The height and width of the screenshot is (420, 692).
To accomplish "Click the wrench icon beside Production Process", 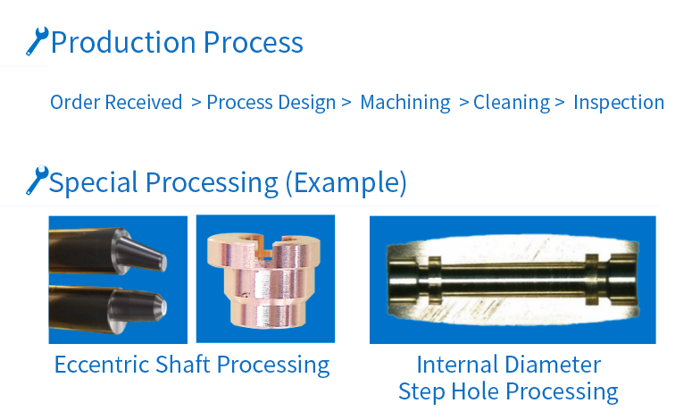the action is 38,41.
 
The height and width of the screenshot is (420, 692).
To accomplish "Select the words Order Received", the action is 116,103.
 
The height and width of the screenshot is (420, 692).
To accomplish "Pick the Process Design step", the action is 271,103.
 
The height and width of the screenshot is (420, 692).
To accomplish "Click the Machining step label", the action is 405,103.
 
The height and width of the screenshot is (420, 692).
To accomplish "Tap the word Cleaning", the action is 512,103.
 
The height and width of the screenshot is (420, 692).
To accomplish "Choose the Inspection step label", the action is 619,103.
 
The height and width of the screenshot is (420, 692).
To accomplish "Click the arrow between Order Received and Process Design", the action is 196,103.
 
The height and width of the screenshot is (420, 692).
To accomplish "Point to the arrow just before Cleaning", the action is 463,103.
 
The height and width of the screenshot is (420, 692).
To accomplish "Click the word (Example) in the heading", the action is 346,182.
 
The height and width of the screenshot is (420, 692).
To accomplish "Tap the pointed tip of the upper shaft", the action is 163,263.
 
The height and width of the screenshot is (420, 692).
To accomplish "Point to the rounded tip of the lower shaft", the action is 163,307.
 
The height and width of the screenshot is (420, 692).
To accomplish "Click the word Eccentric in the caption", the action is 103,365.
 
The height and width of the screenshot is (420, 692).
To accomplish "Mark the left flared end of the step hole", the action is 402,281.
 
